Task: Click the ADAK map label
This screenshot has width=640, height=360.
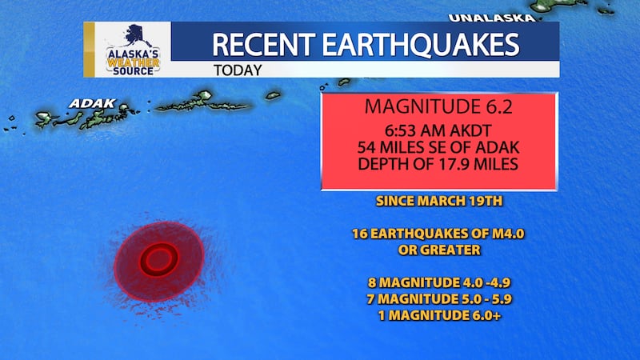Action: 93,104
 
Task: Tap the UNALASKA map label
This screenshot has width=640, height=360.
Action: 490,17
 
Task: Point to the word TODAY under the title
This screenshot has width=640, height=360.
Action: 238,70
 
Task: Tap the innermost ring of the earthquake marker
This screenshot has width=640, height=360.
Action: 158,259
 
